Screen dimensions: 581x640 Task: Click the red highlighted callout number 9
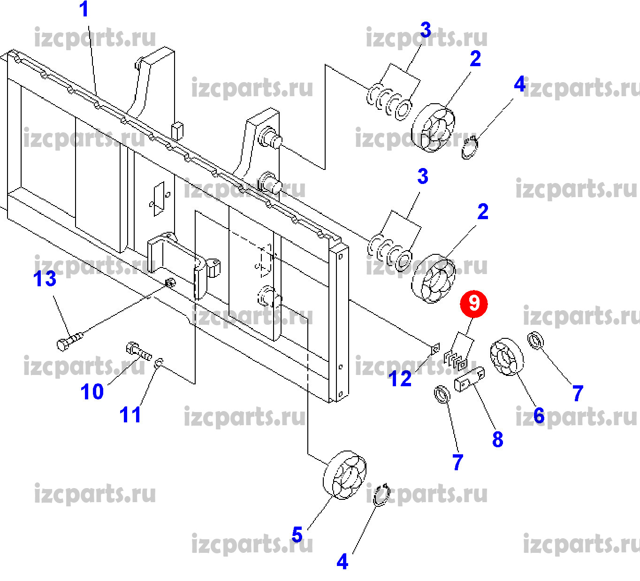click(x=474, y=304)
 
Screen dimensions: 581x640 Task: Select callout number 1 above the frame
click(x=84, y=9)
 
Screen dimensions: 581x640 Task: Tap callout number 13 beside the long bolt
click(x=45, y=279)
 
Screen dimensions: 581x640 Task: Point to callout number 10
click(x=92, y=391)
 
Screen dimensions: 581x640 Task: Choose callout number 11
click(x=130, y=415)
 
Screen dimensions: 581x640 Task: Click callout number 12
click(x=400, y=379)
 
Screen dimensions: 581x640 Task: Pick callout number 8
click(x=497, y=439)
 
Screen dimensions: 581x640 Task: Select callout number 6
click(x=539, y=415)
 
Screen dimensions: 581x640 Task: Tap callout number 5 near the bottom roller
click(x=297, y=535)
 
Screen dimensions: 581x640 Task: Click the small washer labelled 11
click(x=159, y=362)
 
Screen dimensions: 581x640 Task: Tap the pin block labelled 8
click(x=469, y=379)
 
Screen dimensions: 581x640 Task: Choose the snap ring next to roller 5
click(x=381, y=495)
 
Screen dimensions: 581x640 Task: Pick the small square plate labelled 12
click(x=435, y=349)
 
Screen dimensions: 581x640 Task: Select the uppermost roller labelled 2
click(x=433, y=127)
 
